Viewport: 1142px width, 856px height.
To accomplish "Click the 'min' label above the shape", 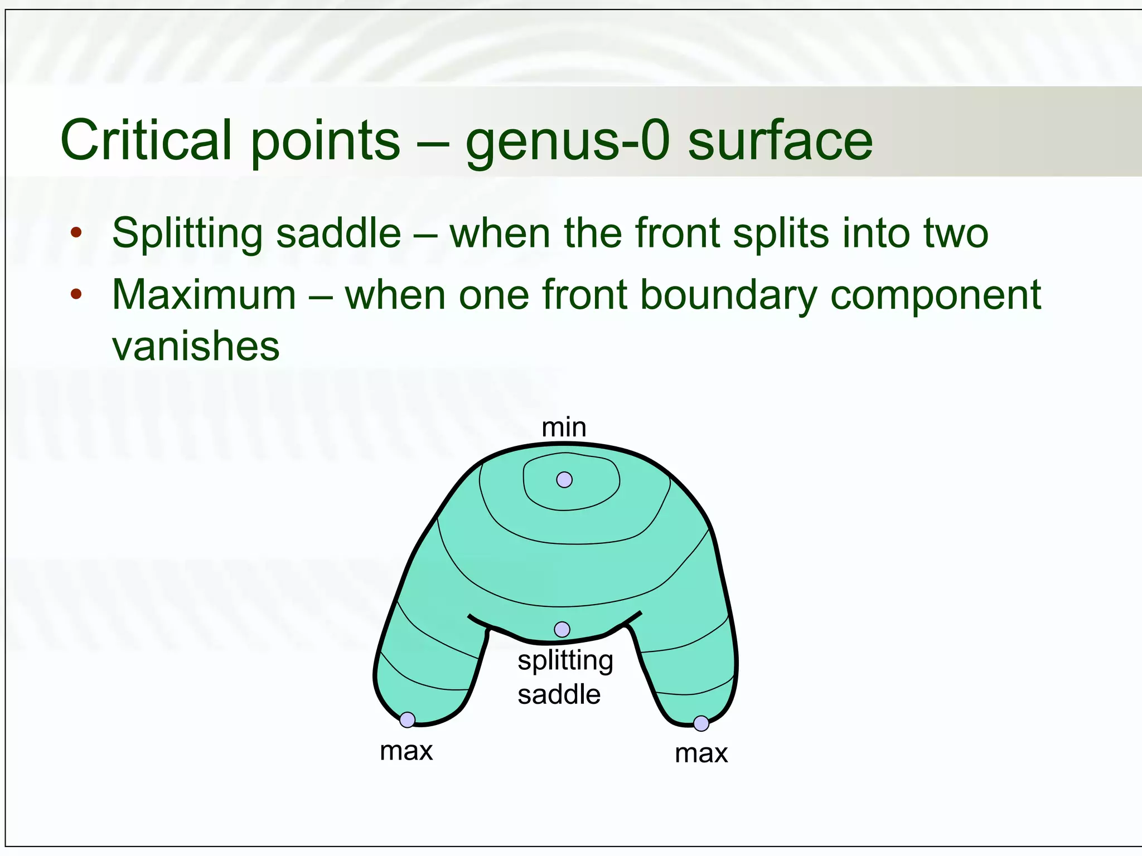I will [x=564, y=427].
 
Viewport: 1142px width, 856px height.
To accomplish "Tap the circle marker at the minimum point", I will [x=564, y=479].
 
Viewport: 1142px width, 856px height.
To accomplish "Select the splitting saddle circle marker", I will [x=562, y=629].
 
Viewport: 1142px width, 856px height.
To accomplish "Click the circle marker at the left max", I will [x=408, y=719].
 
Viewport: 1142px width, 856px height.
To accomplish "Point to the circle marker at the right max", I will [x=701, y=723].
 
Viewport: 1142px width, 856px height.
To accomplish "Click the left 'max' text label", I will [x=406, y=751].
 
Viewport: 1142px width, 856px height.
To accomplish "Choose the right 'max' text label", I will [x=701, y=753].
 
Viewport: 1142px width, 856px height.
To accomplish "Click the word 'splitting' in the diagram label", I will [x=565, y=662].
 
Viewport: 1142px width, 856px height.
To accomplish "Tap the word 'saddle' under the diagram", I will [x=559, y=694].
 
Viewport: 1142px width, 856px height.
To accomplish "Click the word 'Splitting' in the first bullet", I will [x=186, y=234].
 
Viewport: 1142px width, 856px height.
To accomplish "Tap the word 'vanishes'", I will [x=196, y=346].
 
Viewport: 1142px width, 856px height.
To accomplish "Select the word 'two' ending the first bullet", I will [x=955, y=234].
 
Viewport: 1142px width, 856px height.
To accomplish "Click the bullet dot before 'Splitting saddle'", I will [x=76, y=232].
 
